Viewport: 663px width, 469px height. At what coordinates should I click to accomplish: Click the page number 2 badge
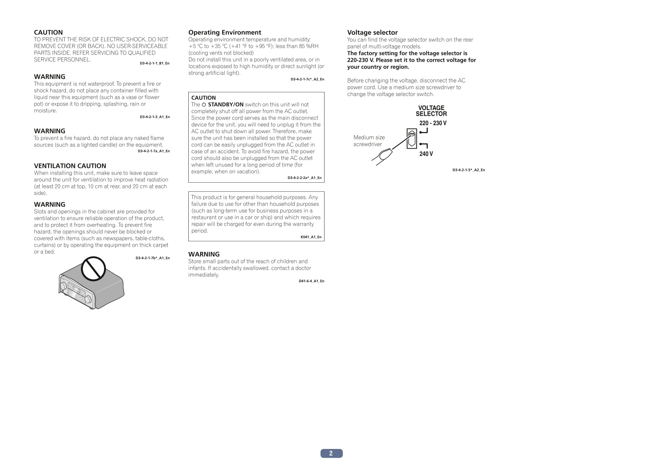pyautogui.click(x=331, y=453)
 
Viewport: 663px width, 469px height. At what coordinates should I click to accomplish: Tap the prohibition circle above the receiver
pyautogui.click(x=93, y=269)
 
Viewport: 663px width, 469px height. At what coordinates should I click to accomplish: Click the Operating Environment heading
pyautogui.click(x=225, y=33)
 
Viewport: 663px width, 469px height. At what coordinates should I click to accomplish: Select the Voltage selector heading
pyautogui.click(x=372, y=33)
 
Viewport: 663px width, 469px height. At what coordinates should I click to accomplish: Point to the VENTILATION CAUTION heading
pyautogui.click(x=70, y=166)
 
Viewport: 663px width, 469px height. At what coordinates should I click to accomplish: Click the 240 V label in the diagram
pyautogui.click(x=426, y=154)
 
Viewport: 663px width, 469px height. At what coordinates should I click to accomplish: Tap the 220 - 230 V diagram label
pyautogui.click(x=433, y=123)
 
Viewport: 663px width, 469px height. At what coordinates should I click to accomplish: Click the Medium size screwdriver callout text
pyautogui.click(x=369, y=141)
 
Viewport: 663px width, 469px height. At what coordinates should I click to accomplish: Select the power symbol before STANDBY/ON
pyautogui.click(x=203, y=104)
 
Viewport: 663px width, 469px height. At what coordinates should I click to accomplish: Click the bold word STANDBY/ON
pyautogui.click(x=225, y=104)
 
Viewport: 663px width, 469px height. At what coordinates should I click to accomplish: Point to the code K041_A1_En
pyautogui.click(x=311, y=237)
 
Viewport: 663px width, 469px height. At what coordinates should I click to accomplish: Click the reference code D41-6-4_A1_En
pyautogui.click(x=311, y=281)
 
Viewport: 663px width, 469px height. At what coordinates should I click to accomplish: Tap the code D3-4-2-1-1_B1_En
pyautogui.click(x=154, y=63)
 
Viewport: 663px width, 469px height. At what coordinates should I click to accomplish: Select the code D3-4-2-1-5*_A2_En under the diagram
pyautogui.click(x=468, y=170)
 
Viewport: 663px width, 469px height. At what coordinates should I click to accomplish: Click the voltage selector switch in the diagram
pyautogui.click(x=411, y=138)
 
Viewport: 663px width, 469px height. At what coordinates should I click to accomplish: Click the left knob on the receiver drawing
pyautogui.click(x=63, y=286)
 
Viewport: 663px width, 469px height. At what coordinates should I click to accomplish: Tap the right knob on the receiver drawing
pyautogui.click(x=88, y=300)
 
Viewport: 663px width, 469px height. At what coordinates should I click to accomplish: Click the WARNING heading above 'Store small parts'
pyautogui.click(x=204, y=254)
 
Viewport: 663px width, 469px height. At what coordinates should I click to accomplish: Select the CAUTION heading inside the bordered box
pyautogui.click(x=203, y=98)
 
